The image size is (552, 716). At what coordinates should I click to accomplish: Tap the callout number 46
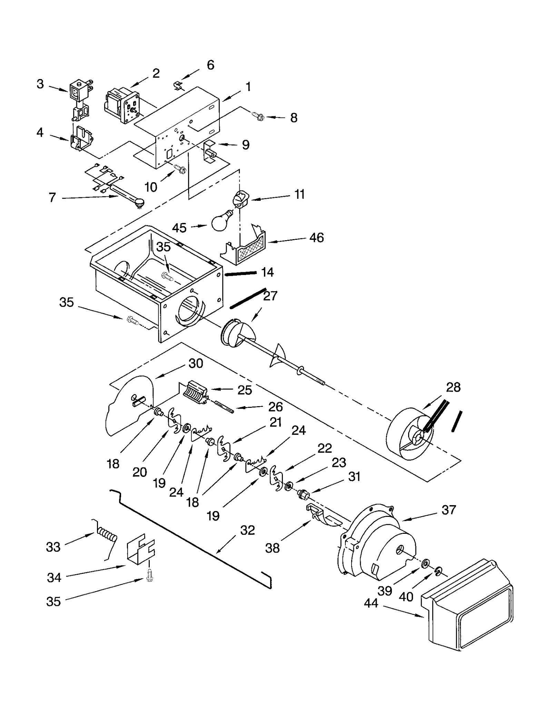coord(316,237)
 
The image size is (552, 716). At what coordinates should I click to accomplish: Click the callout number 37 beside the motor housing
coord(448,510)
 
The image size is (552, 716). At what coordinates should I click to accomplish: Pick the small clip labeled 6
coord(178,85)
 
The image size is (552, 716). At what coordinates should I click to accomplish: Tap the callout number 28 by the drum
coord(453,387)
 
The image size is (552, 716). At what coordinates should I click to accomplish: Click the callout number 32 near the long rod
coord(247,530)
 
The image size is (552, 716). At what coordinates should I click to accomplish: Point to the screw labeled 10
coord(180,169)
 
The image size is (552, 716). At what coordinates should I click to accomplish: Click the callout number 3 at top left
coord(40,84)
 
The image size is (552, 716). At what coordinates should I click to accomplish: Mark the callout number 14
coord(267,272)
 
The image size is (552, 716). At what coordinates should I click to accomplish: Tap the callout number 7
coord(52,197)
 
